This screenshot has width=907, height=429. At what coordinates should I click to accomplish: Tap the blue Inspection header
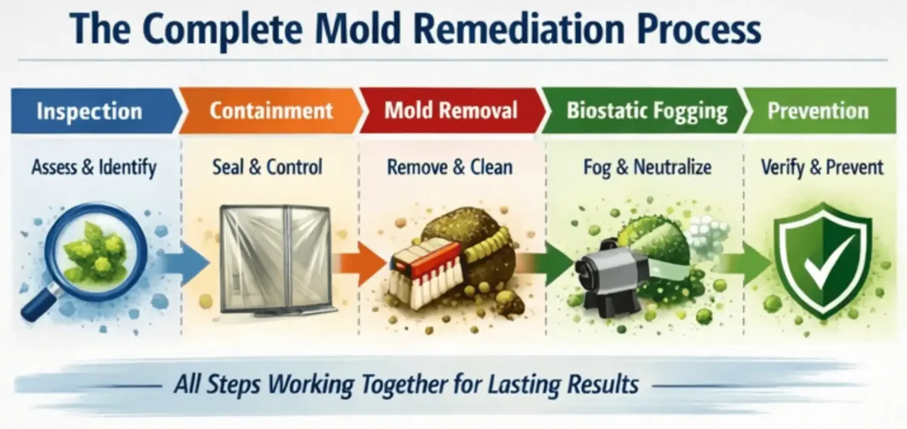89,112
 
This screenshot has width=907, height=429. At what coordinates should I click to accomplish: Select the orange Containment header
271,111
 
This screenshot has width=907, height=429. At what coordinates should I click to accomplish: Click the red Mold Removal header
450,111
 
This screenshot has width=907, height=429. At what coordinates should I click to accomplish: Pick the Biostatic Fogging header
646,112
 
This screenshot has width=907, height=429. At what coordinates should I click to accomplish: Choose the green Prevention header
818,111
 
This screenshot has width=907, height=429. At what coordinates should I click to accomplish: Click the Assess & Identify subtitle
94,166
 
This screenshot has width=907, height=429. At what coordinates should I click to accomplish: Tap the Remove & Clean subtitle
450,166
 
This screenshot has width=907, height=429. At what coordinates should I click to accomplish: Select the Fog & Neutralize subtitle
647,166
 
